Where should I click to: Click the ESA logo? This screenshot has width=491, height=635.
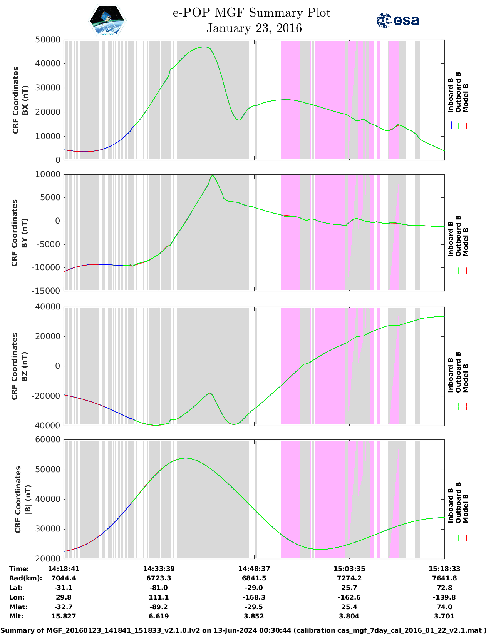(398, 20)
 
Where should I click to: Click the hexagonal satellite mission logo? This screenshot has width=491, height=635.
(107, 21)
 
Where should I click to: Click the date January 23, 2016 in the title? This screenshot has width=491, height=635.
(254, 28)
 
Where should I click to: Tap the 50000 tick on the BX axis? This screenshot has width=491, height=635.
(48, 40)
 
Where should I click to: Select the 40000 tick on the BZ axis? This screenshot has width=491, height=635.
(48, 307)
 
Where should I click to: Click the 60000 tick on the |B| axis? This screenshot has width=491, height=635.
(48, 439)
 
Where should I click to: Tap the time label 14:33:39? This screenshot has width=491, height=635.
(159, 569)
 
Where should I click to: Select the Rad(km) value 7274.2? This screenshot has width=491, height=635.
(349, 578)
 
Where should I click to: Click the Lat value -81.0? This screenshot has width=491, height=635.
(159, 588)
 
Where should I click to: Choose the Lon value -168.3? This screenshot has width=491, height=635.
(254, 597)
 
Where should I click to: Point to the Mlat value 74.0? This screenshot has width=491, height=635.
(444, 607)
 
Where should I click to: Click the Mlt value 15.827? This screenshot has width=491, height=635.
(64, 616)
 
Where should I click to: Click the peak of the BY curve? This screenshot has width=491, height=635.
(213, 176)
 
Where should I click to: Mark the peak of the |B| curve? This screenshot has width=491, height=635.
(185, 458)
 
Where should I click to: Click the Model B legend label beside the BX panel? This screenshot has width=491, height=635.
(466, 98)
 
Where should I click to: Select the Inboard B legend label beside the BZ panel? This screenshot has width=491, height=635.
(451, 375)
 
